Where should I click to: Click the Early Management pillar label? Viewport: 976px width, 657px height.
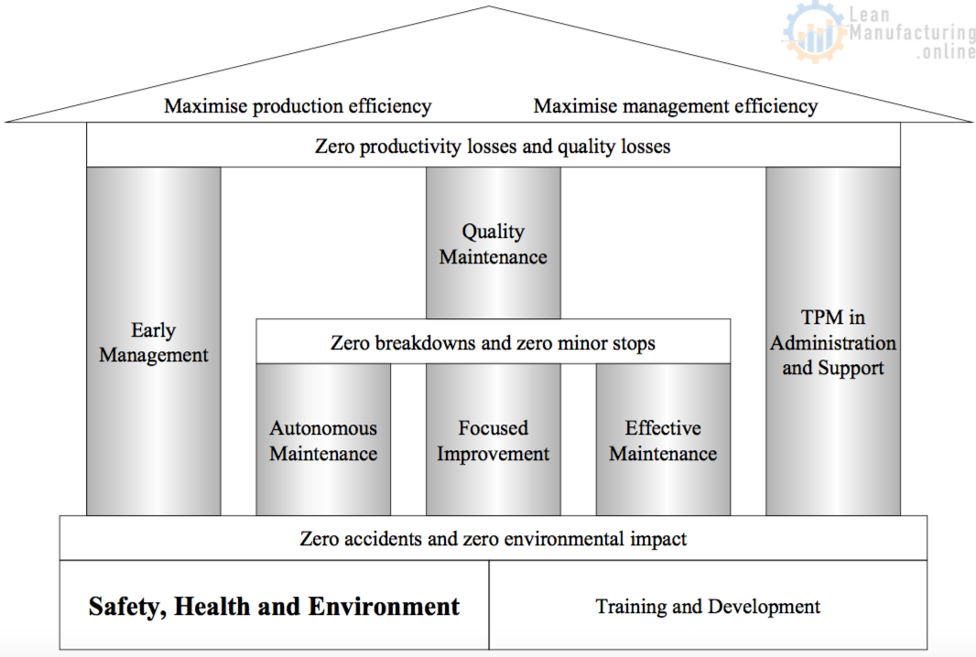click(154, 343)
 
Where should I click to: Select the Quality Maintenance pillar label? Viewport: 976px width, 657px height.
click(493, 244)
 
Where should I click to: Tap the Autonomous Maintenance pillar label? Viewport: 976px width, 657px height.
click(323, 441)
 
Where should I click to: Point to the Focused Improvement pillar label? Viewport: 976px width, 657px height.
click(493, 441)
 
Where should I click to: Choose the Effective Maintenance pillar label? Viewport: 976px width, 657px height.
click(663, 441)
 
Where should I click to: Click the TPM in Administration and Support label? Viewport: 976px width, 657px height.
click(833, 343)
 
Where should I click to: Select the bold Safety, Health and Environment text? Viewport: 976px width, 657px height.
click(274, 607)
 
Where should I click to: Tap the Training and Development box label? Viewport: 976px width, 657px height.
click(708, 607)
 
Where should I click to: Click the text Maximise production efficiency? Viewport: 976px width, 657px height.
click(298, 106)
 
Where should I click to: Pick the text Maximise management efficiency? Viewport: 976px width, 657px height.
click(676, 106)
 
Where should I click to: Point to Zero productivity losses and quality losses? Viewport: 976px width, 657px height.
click(493, 145)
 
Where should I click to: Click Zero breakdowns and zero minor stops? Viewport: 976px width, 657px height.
click(493, 344)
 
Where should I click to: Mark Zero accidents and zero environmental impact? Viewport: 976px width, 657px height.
click(493, 539)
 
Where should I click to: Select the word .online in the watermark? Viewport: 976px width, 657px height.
click(946, 52)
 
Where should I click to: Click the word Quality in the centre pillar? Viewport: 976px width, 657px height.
click(493, 232)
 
